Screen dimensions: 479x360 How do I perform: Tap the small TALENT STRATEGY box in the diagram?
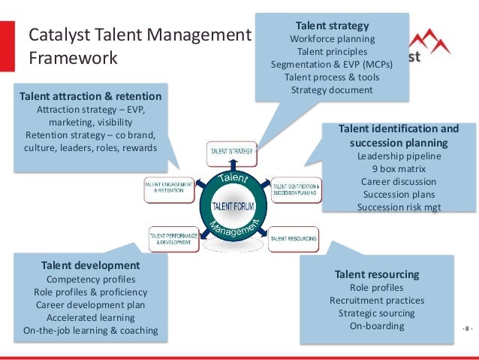(230, 151)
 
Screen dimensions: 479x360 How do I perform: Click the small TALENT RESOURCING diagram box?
(293, 237)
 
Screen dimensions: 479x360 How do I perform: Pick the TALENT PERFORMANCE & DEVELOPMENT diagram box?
(173, 237)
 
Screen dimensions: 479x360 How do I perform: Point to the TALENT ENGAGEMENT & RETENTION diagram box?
(168, 188)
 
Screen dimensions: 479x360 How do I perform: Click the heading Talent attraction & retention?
(90, 96)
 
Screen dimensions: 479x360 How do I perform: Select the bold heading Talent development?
(90, 265)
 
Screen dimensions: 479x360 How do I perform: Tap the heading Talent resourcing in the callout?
(376, 274)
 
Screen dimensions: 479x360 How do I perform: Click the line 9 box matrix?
(398, 169)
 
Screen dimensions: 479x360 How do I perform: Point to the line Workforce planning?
(332, 38)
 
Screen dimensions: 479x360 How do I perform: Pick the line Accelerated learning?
(90, 317)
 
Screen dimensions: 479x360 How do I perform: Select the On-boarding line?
(376, 326)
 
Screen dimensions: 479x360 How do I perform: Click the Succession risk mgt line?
(398, 207)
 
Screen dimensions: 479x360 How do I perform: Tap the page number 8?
(467, 329)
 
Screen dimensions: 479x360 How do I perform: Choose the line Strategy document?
(332, 90)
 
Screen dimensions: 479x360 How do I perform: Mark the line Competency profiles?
(90, 279)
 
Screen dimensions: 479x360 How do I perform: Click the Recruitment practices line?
(376, 301)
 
